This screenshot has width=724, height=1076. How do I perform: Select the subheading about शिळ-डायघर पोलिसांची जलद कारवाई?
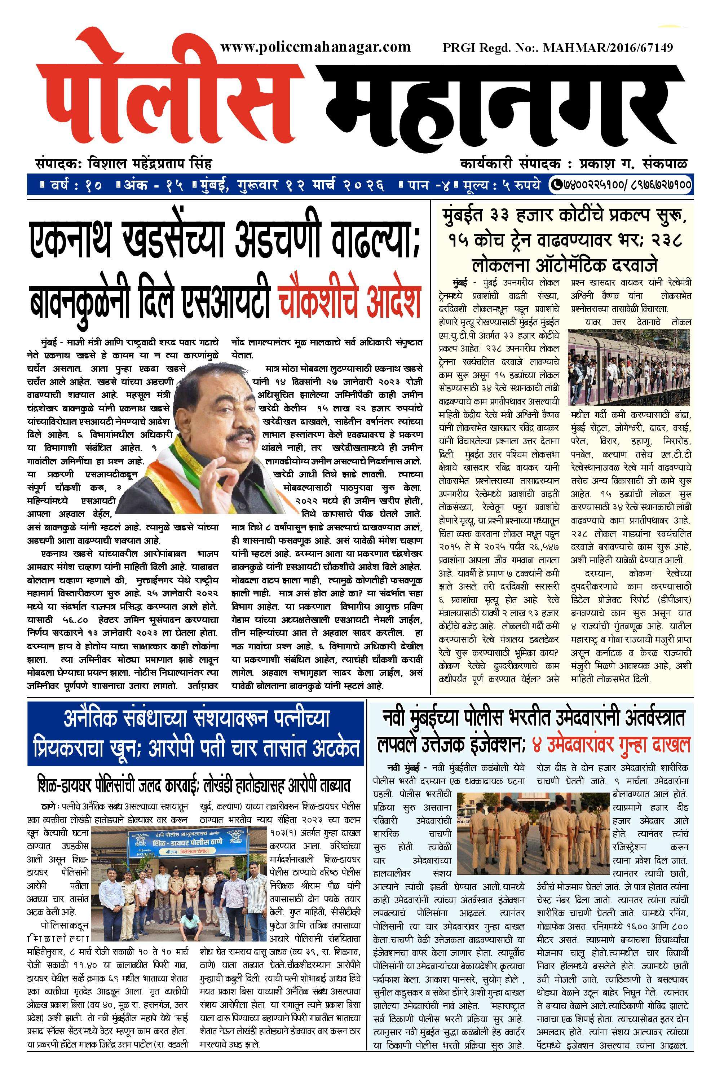194,785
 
